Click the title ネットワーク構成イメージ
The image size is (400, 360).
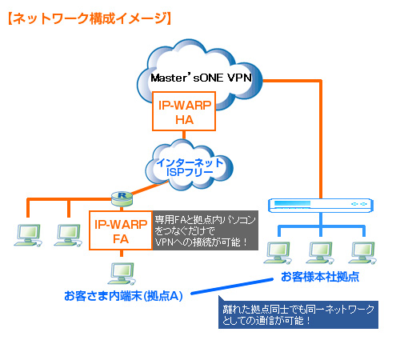coord(90,18)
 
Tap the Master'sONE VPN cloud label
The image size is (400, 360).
coord(201,78)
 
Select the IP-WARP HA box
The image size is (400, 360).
coord(184,111)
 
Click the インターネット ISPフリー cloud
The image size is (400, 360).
coord(190,166)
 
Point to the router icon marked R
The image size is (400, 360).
coord(122,198)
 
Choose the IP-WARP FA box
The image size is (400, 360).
coord(121,230)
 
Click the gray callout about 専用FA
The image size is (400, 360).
coord(206,230)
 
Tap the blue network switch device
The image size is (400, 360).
coord(321,205)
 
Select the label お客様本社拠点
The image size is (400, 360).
coord(320,277)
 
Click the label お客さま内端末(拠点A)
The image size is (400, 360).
coord(123,296)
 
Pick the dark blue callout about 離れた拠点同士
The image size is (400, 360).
coord(298,314)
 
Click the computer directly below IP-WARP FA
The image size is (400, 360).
coord(122,274)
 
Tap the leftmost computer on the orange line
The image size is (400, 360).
coord(28,235)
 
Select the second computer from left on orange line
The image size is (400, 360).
coord(68,235)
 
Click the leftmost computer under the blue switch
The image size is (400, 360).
coord(278,253)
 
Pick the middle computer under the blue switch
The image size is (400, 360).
coord(320,253)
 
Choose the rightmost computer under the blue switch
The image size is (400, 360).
coord(362,253)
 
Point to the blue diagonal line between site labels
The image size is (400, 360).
coord(232,286)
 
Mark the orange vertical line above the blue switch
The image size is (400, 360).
coord(321,139)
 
